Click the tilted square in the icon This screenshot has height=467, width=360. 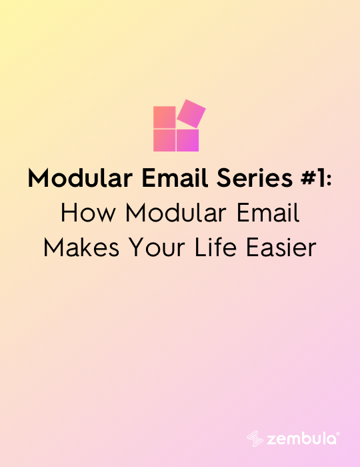[x=191, y=114]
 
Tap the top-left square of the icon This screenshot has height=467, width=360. [x=165, y=117]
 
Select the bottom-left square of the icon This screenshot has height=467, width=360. [x=165, y=140]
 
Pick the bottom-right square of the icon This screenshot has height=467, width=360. [x=187, y=140]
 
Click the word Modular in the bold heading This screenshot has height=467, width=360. [x=80, y=178]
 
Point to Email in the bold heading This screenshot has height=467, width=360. [x=175, y=178]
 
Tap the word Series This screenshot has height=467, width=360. [x=255, y=178]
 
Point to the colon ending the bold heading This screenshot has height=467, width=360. [x=329, y=181]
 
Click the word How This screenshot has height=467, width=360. [x=88, y=213]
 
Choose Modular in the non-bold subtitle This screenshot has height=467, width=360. [x=175, y=213]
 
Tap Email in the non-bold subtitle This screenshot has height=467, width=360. [x=268, y=213]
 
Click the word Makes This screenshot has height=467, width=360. [x=81, y=248]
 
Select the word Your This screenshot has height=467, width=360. [x=157, y=248]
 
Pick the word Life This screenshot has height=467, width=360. [x=215, y=248]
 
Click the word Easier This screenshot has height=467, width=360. [x=281, y=248]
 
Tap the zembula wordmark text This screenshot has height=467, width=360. [x=301, y=439]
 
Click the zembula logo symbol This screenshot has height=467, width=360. [x=255, y=439]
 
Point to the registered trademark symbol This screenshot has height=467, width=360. [x=338, y=434]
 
